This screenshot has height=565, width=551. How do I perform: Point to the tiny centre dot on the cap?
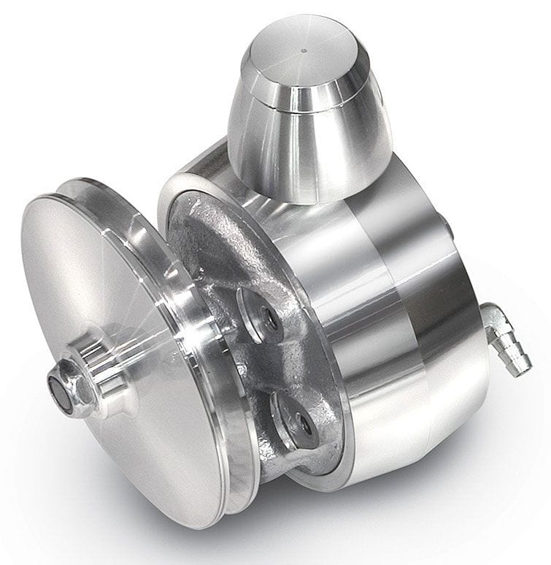pyautogui.click(x=303, y=52)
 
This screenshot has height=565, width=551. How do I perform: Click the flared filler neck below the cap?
pyautogui.click(x=310, y=153)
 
